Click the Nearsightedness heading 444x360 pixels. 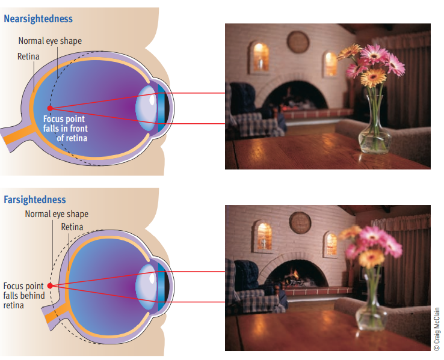(38, 19)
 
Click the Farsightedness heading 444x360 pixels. (35, 200)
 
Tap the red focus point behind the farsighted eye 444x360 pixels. (50, 286)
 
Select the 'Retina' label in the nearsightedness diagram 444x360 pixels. (28, 56)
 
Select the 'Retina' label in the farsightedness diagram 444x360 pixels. (72, 227)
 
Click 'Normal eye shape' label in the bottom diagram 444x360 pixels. (57, 214)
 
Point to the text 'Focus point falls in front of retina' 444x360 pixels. (65, 128)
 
